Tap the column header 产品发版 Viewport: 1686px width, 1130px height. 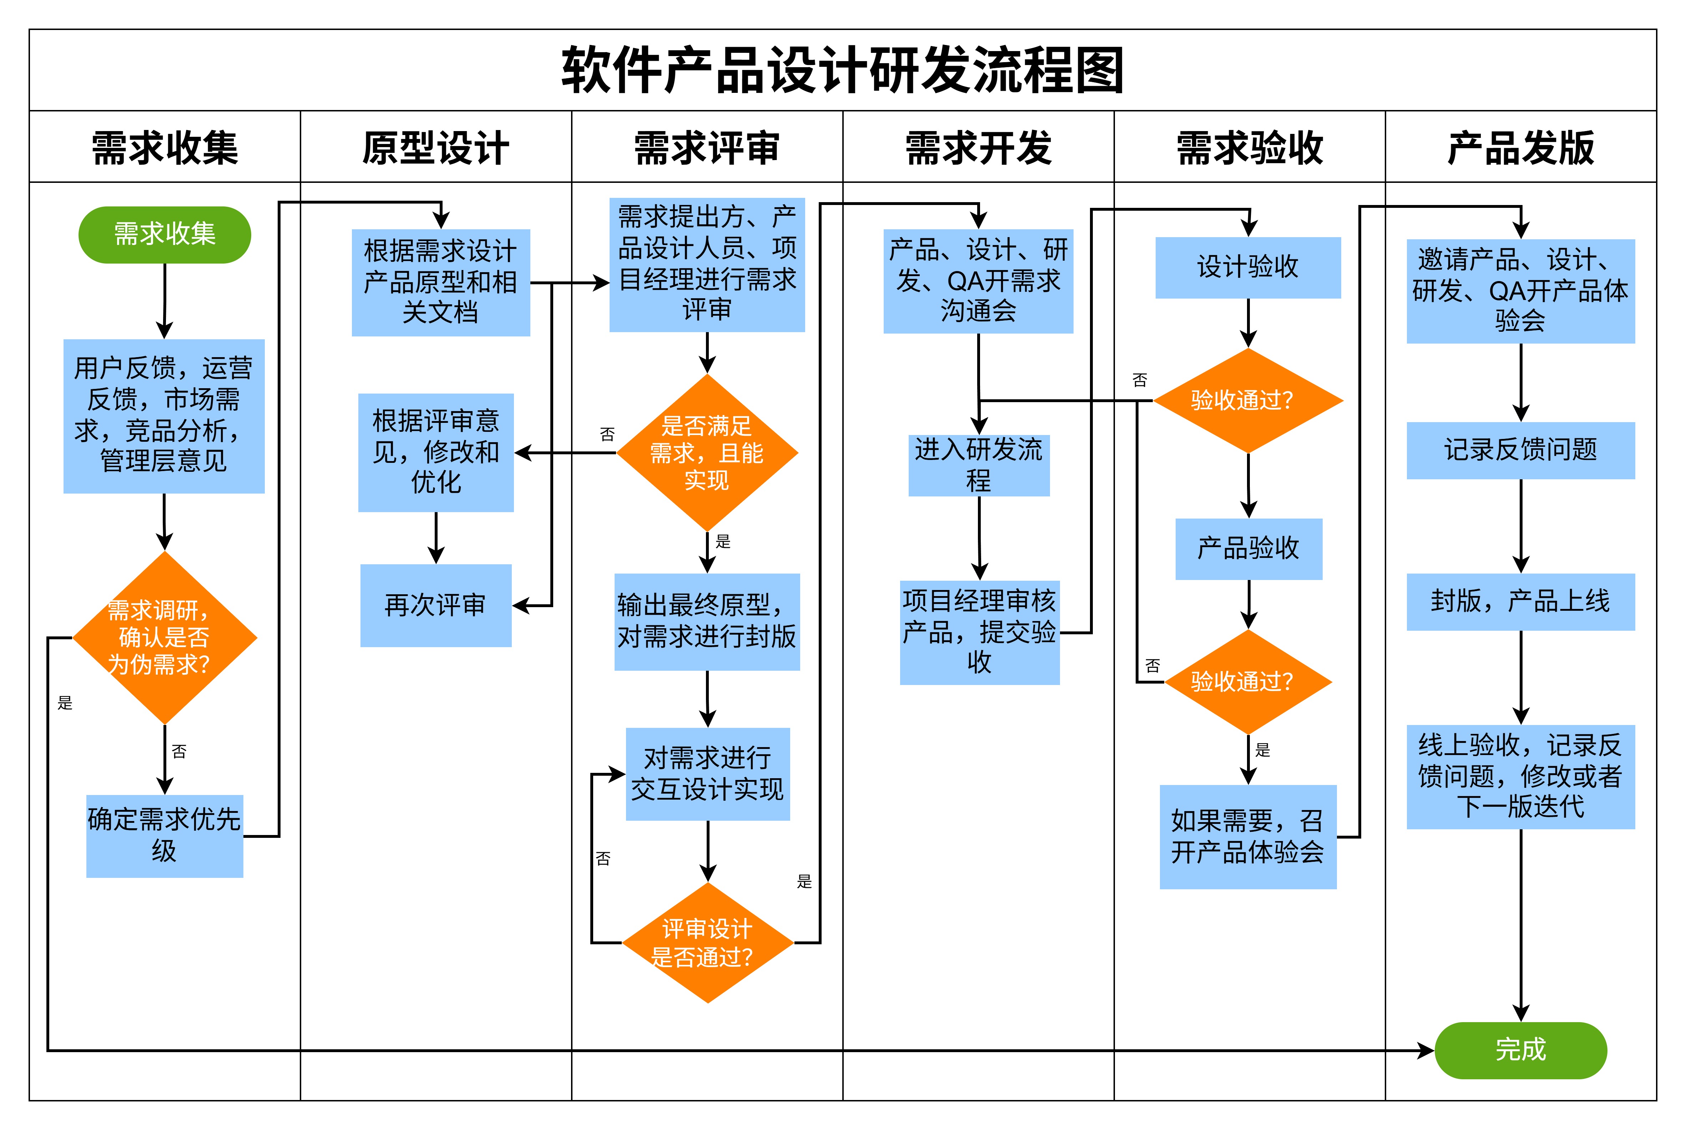pyautogui.click(x=1520, y=148)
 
